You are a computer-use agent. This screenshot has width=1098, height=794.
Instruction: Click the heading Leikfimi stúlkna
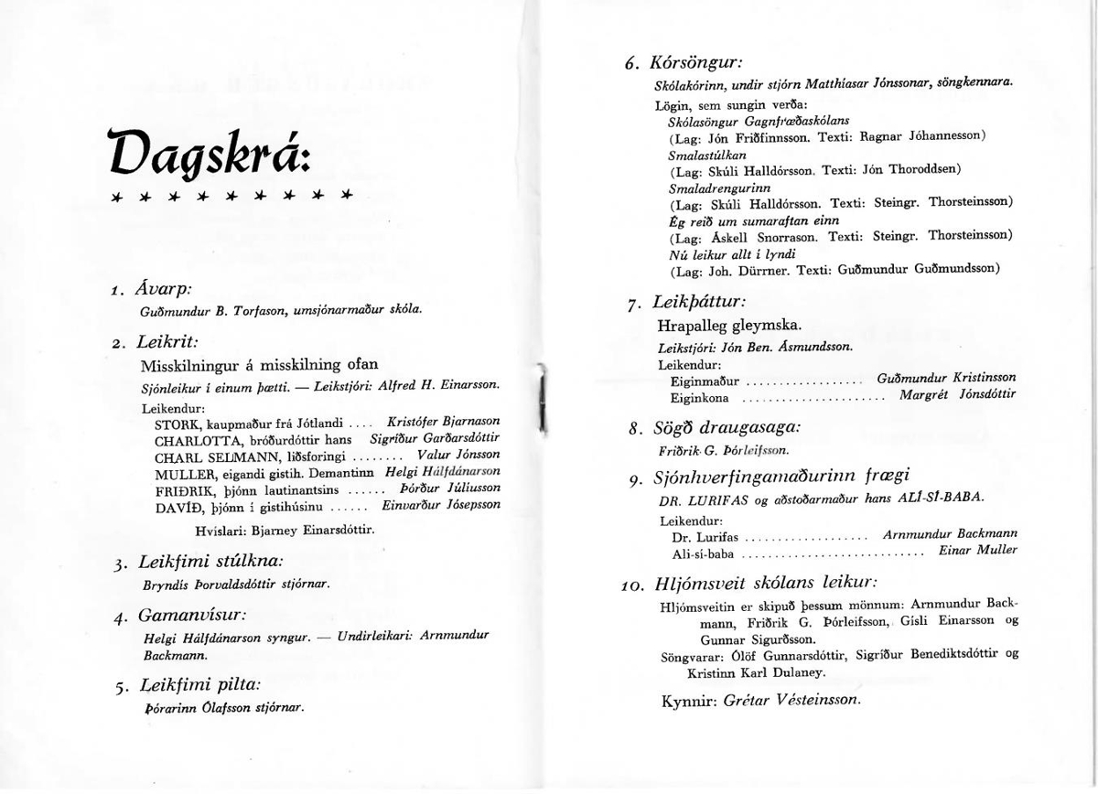tap(210, 561)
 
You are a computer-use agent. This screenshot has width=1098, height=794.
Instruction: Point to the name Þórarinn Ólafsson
tap(195, 707)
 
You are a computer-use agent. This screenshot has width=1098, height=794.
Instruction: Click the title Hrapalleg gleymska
tap(729, 325)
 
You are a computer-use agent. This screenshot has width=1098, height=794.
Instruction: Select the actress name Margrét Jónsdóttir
tap(957, 395)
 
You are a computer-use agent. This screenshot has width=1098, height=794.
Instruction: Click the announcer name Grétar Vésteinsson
tap(791, 700)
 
